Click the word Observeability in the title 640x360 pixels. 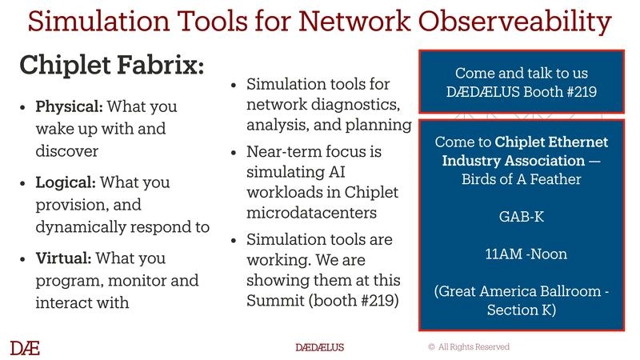coord(519,21)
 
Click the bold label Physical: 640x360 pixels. coord(70,106)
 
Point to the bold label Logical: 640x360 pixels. coord(66,182)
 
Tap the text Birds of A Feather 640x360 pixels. coord(521,179)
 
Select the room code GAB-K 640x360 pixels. coord(521,217)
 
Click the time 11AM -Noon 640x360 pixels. coord(521,254)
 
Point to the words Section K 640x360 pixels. coord(521,310)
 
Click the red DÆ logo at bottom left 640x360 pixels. coord(25,347)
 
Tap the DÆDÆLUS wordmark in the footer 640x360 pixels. coord(320,347)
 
